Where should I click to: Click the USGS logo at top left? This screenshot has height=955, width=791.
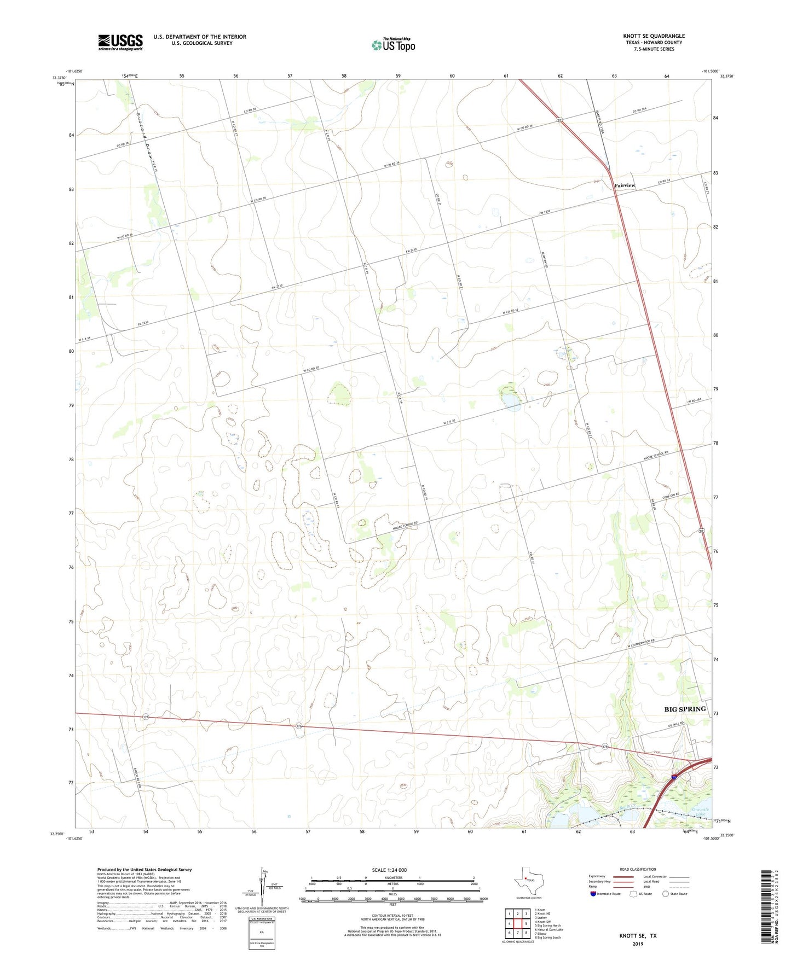(x=120, y=42)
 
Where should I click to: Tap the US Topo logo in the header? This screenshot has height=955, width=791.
(x=393, y=45)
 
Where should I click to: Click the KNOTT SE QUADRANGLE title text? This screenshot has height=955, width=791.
(x=654, y=36)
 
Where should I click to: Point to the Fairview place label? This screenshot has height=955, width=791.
(x=625, y=185)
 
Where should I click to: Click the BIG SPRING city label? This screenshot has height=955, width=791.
(x=685, y=709)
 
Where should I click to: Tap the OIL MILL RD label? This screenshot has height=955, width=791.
(x=674, y=723)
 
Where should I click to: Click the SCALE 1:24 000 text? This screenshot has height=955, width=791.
(x=389, y=870)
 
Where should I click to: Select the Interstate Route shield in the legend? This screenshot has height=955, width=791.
(x=593, y=894)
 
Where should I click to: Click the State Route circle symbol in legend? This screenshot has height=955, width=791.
(x=666, y=894)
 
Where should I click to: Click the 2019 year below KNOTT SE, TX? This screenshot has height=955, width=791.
(x=638, y=944)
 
